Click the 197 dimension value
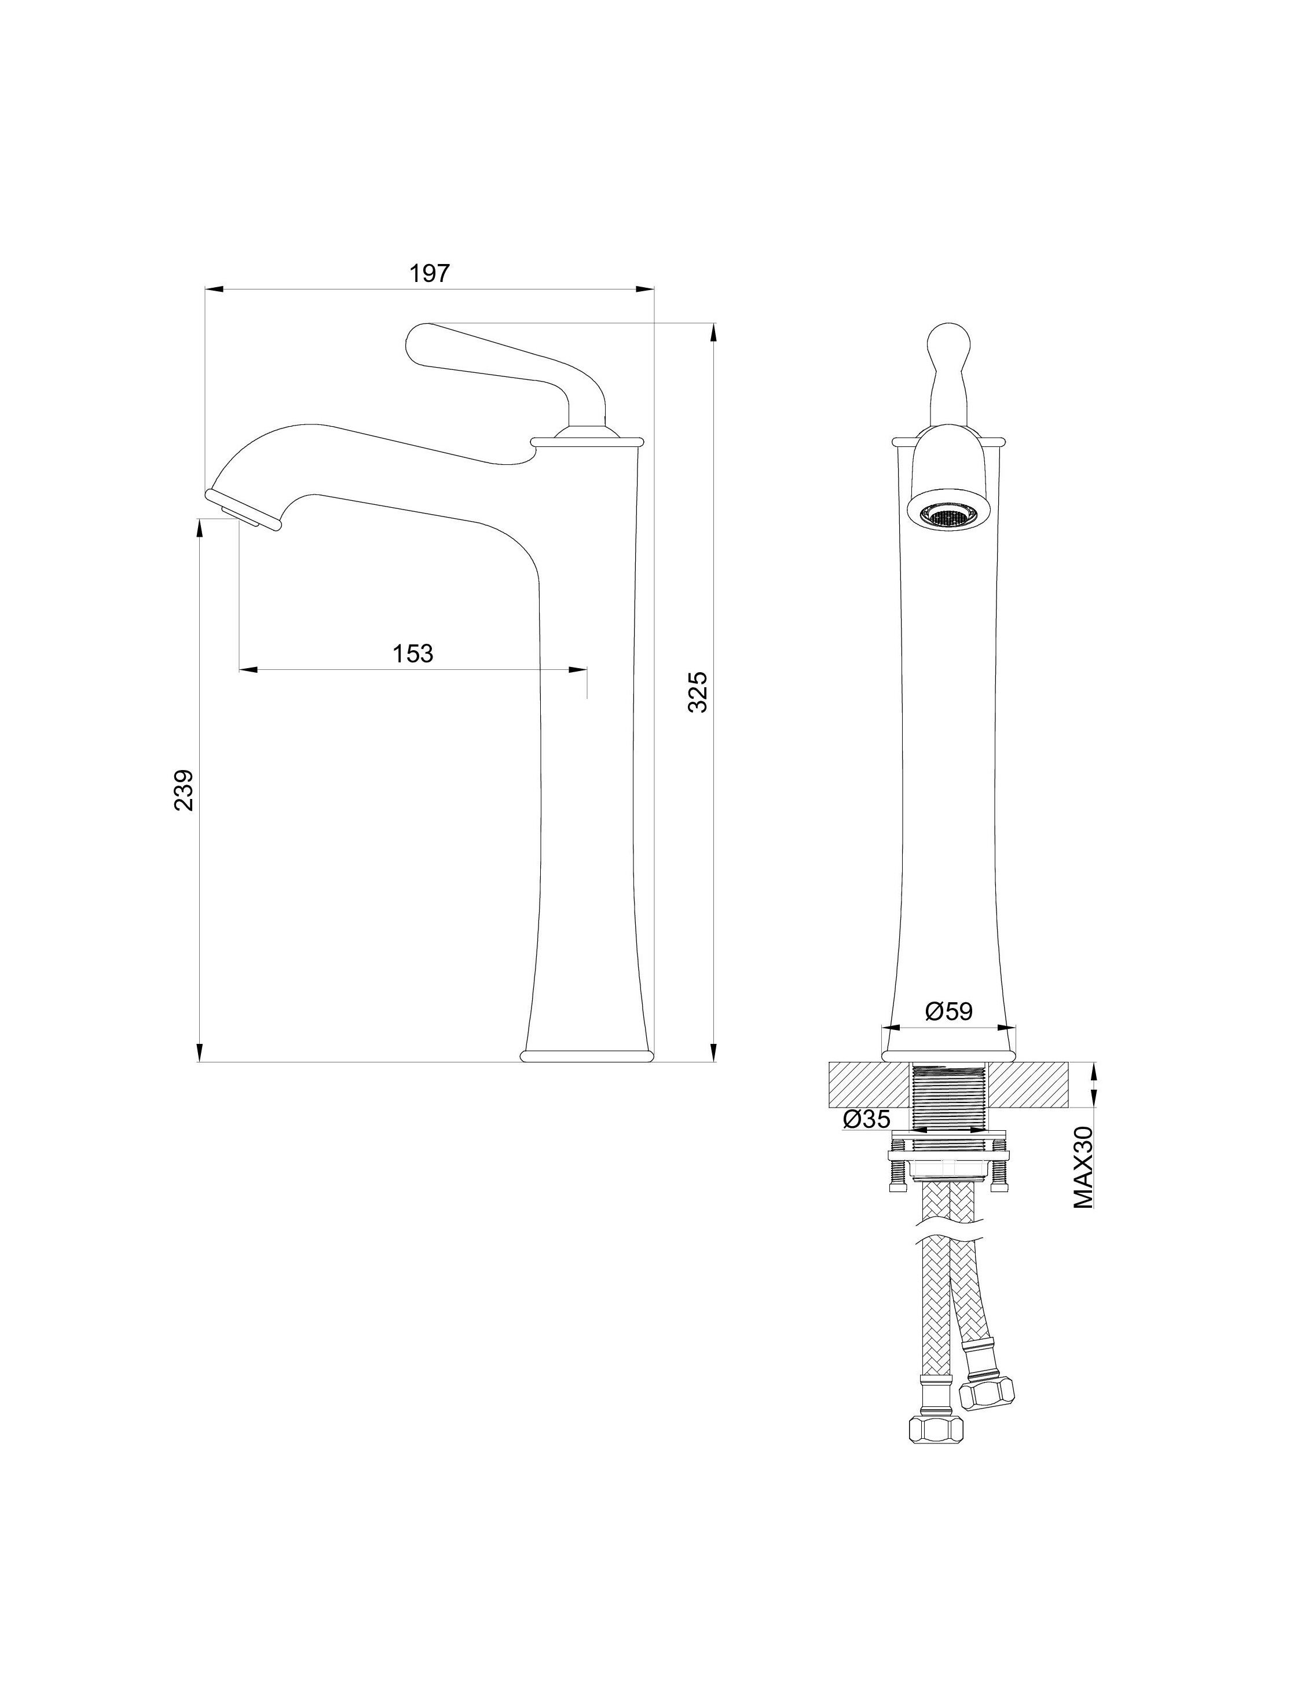[x=429, y=273]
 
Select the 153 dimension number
[x=413, y=654]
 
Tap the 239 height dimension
[x=184, y=790]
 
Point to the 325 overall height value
[x=697, y=692]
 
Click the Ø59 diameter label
[x=949, y=1011]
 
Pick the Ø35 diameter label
[x=867, y=1119]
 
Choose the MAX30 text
[x=1083, y=1167]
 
